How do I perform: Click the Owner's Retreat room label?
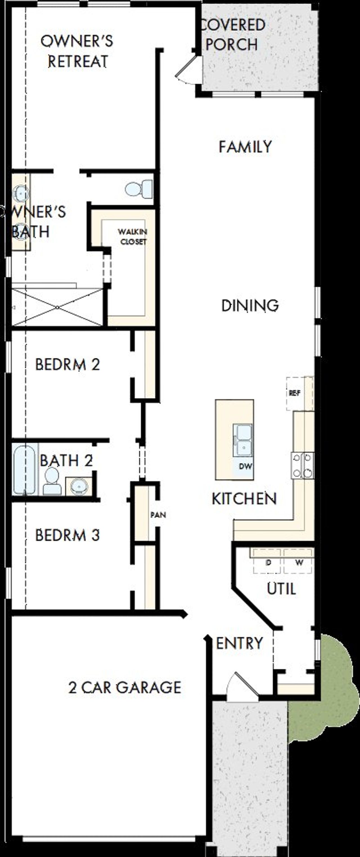pyautogui.click(x=77, y=51)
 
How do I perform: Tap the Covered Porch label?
pyautogui.click(x=232, y=35)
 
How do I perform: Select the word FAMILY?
pyautogui.click(x=245, y=147)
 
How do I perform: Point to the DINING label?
pyautogui.click(x=250, y=305)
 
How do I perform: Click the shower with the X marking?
pyautogui.click(x=57, y=307)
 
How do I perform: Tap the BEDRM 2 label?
pyautogui.click(x=67, y=365)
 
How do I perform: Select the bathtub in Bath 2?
pyautogui.click(x=24, y=470)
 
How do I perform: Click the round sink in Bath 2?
pyautogui.click(x=79, y=486)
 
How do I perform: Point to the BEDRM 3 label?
pyautogui.click(x=67, y=535)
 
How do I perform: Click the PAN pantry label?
pyautogui.click(x=158, y=515)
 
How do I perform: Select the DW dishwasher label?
pyautogui.click(x=246, y=466)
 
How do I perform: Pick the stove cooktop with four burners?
pyautogui.click(x=302, y=465)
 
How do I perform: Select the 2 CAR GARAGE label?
pyautogui.click(x=125, y=687)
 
